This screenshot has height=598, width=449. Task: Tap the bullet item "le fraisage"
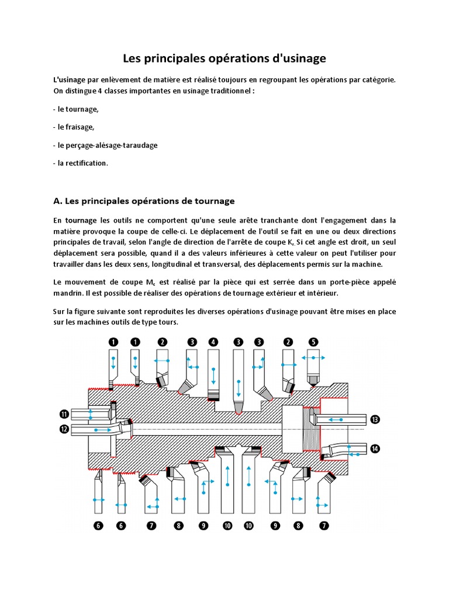75,126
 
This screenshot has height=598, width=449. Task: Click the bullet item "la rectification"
82,163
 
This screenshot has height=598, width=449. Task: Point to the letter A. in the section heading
57,201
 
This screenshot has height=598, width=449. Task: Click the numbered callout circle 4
213,342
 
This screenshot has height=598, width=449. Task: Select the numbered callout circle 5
313,342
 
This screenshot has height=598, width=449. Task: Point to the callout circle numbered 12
64,429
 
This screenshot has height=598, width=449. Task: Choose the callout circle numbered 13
375,419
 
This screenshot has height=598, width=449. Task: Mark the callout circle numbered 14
375,448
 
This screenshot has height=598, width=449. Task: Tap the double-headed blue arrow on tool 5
314,357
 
